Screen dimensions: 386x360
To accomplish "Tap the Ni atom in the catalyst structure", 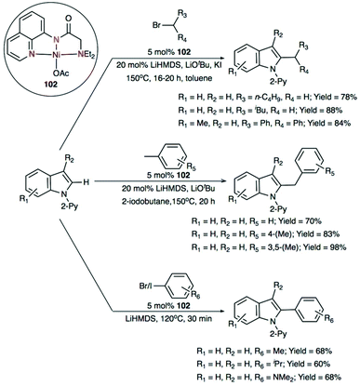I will pos(54,82).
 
